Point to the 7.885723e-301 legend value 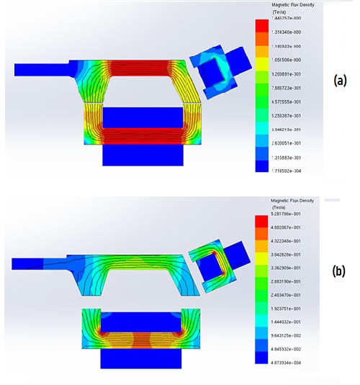click(292, 88)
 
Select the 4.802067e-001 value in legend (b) click(292, 227)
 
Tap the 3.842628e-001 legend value click(292, 254)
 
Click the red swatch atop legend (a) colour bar click(261, 26)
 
